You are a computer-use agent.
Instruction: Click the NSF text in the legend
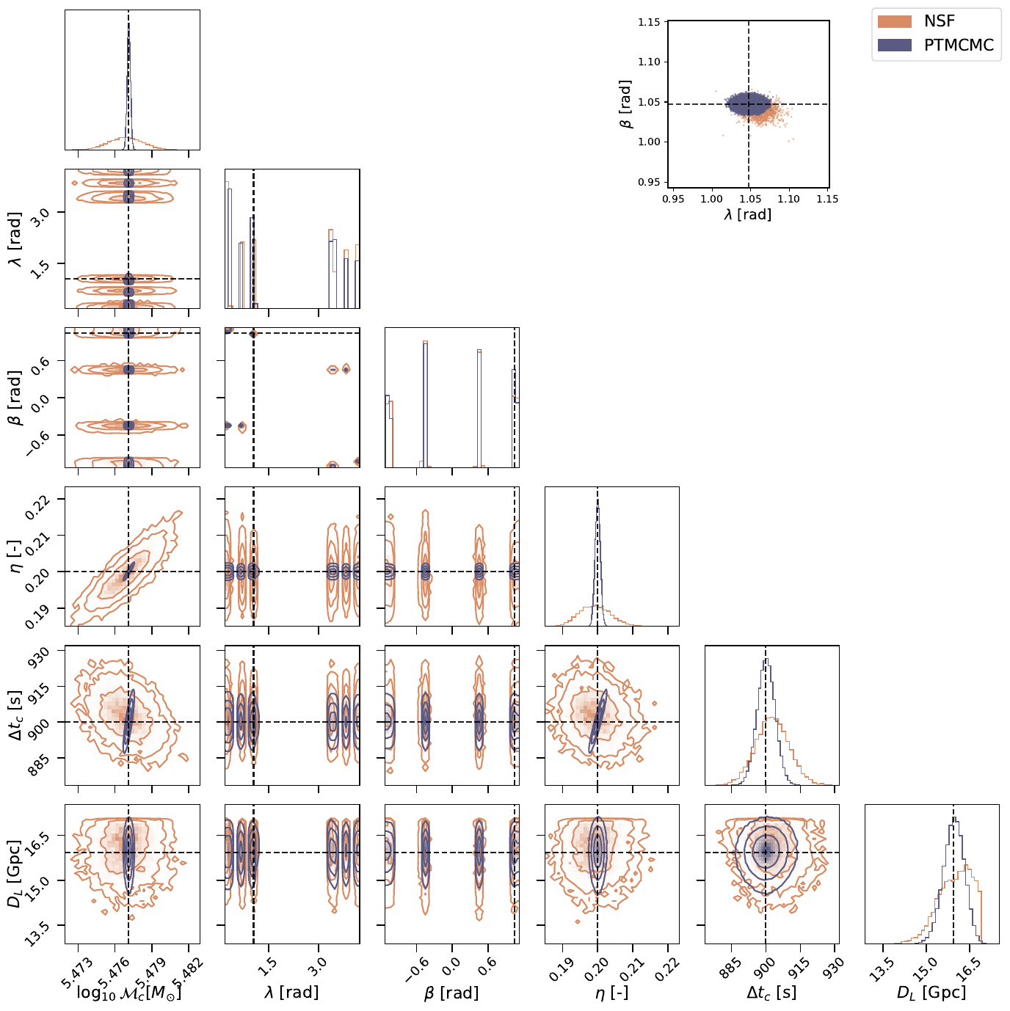pyautogui.click(x=939, y=21)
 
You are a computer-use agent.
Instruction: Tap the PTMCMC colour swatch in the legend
pyautogui.click(x=895, y=45)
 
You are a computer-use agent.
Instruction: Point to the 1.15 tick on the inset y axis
pyautogui.click(x=649, y=23)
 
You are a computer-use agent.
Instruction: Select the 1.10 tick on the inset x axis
pyautogui.click(x=788, y=199)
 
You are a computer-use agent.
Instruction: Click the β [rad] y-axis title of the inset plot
pyautogui.click(x=625, y=104)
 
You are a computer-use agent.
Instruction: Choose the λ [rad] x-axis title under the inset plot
pyautogui.click(x=748, y=214)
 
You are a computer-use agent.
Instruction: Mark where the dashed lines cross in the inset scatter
pyautogui.click(x=748, y=104)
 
